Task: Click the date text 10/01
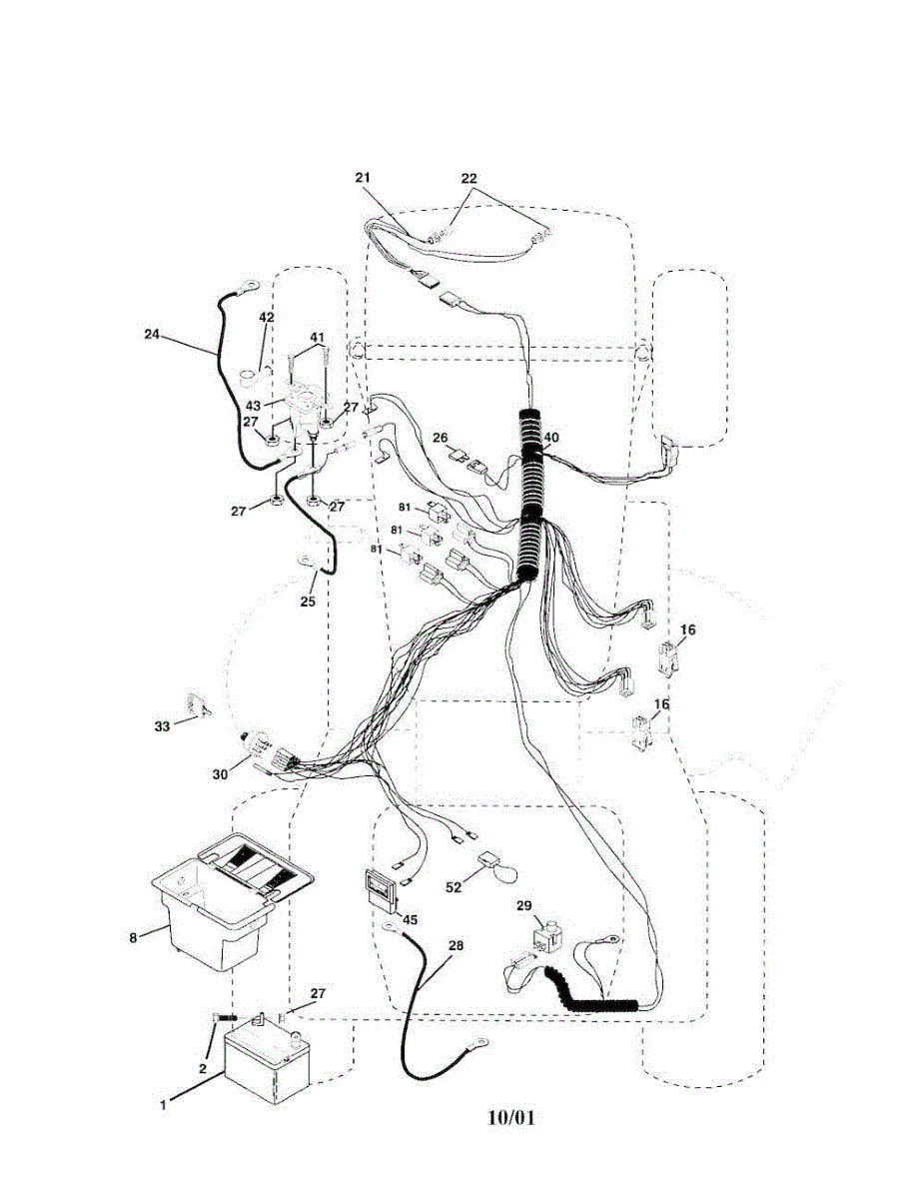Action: [x=511, y=1117]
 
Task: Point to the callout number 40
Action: [x=551, y=437]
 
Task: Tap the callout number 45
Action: [x=411, y=919]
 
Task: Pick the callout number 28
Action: [x=456, y=945]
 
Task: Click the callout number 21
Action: [x=362, y=178]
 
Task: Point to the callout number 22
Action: [x=469, y=178]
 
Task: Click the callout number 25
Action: [x=308, y=601]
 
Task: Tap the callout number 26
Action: [x=440, y=438]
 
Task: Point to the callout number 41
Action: [x=316, y=338]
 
